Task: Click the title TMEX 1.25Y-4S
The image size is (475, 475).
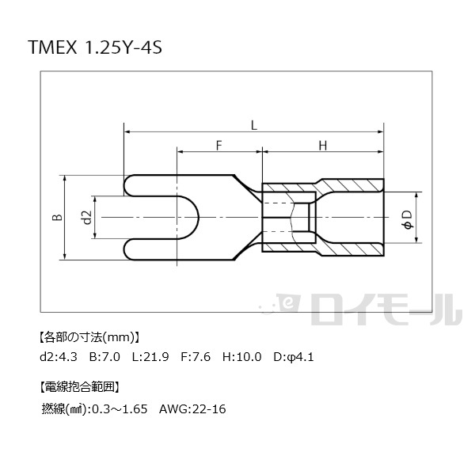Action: click(95, 47)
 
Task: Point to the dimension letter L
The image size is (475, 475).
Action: click(254, 125)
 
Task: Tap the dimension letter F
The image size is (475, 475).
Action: click(219, 146)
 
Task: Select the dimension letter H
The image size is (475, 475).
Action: click(323, 146)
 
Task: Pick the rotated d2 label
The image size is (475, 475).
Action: click(87, 217)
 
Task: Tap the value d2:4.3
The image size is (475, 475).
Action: click(59, 356)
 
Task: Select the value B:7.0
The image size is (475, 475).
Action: click(104, 356)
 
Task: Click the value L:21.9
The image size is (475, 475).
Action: click(150, 356)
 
